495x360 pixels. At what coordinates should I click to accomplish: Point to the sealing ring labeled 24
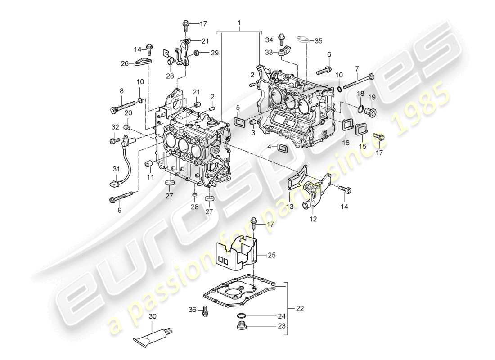click(x=241, y=315)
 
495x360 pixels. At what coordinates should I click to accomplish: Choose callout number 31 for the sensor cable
click(x=116, y=169)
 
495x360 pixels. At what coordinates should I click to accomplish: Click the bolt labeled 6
click(x=323, y=70)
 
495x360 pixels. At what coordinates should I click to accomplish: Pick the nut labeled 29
click(x=197, y=54)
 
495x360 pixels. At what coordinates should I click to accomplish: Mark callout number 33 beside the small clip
click(x=269, y=53)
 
